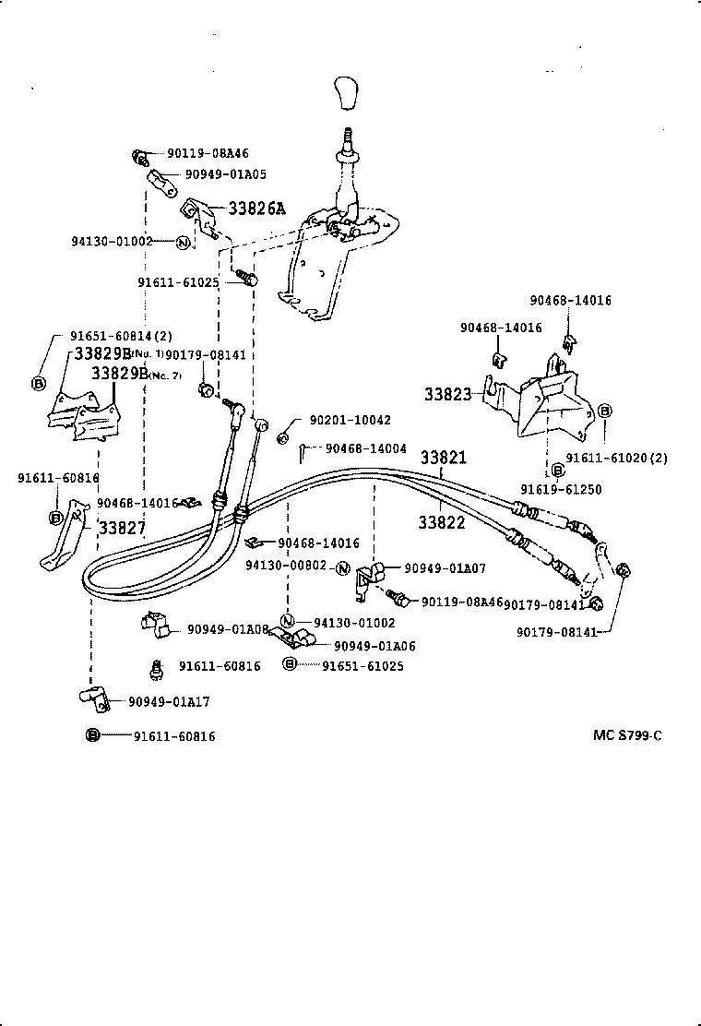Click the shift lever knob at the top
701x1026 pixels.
[349, 93]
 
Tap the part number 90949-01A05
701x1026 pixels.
[226, 173]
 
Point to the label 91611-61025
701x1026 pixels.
[178, 282]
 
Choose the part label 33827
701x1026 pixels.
[122, 528]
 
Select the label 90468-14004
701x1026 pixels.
[366, 448]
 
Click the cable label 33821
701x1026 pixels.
[444, 458]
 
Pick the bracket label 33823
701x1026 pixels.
[448, 394]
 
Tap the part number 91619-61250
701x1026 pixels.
[561, 489]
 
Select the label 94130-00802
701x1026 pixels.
[286, 567]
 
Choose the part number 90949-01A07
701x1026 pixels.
[446, 568]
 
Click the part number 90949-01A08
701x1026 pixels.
[228, 629]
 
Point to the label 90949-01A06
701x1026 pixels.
[374, 647]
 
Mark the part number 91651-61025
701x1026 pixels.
[363, 665]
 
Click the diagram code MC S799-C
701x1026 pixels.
[627, 735]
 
